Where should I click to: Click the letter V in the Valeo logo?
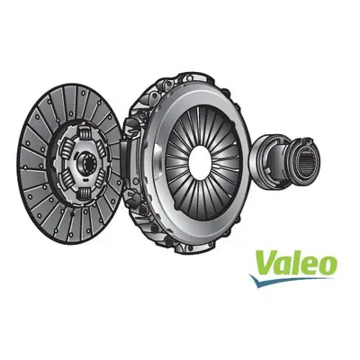(x=266, y=263)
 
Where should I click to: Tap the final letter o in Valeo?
(x=327, y=265)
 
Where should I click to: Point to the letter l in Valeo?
(x=294, y=262)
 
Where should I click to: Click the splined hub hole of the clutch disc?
(x=84, y=164)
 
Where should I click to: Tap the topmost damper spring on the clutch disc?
(x=85, y=132)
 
